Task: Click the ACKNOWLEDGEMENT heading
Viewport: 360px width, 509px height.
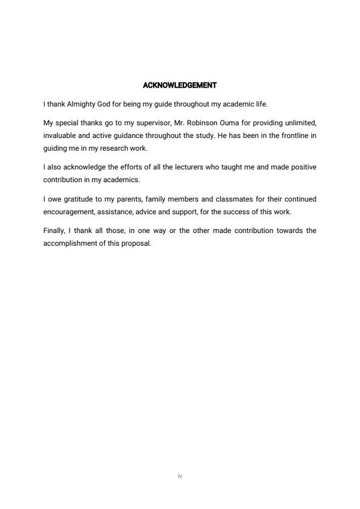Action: pos(180,85)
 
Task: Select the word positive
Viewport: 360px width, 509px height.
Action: pos(301,166)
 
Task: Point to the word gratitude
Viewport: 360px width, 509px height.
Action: pos(77,199)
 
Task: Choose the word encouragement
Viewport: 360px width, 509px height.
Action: pos(69,212)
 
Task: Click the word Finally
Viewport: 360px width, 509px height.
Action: pos(56,231)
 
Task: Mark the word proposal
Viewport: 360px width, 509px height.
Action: pos(136,244)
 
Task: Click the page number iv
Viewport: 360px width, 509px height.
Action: pos(180,476)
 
